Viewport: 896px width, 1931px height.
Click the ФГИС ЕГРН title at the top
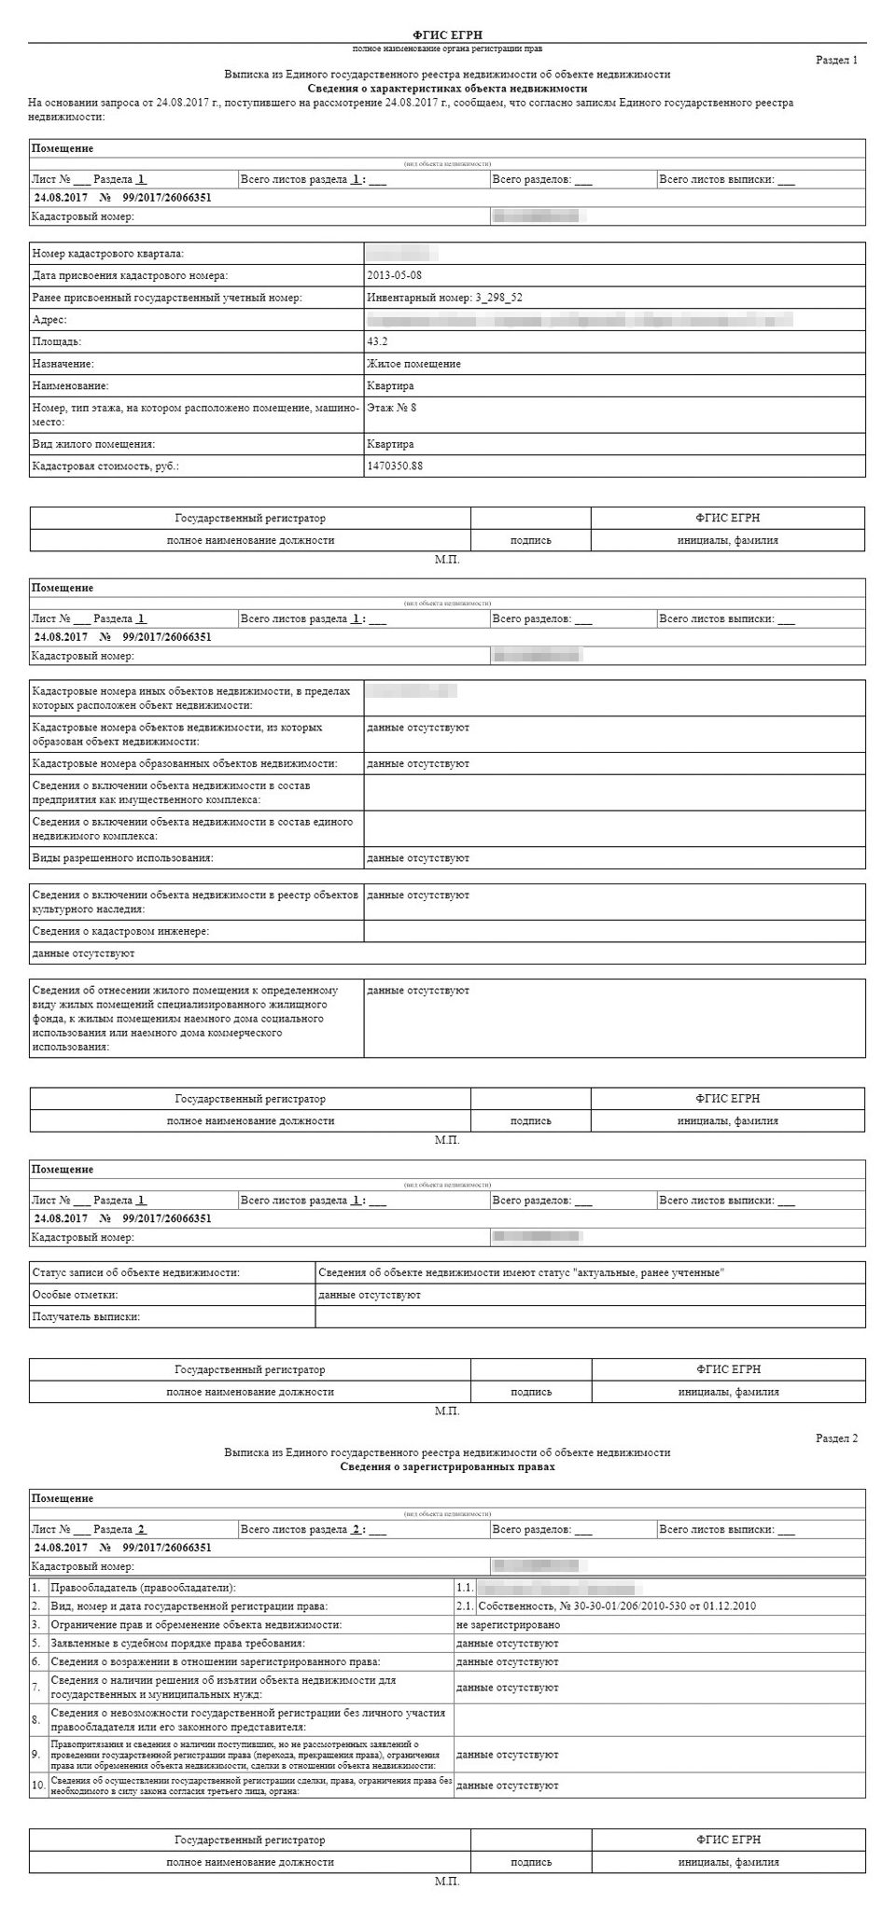tap(447, 35)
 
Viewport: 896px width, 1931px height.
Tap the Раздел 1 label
tap(836, 60)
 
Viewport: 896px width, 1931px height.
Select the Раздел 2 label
tap(836, 1438)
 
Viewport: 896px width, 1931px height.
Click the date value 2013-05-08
tap(395, 275)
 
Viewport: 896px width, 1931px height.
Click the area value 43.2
tap(377, 341)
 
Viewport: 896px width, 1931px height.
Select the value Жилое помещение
tap(413, 364)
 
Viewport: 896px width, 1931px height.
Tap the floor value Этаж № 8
tap(392, 408)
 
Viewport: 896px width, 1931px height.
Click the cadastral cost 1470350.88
tap(395, 465)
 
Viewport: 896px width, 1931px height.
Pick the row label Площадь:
tap(57, 341)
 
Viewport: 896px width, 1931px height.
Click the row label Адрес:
tap(49, 320)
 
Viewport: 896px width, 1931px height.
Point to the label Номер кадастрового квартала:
tap(108, 254)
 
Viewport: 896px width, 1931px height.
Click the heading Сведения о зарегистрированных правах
tap(447, 1466)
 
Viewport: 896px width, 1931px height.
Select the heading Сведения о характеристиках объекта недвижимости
tap(447, 88)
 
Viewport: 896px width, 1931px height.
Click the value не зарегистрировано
tap(508, 1625)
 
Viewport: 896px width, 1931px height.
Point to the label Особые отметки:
tap(75, 1295)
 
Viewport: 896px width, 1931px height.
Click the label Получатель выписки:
tap(86, 1316)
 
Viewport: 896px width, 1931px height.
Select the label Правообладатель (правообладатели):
tap(143, 1588)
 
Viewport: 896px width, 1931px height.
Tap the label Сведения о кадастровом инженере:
tap(120, 931)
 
